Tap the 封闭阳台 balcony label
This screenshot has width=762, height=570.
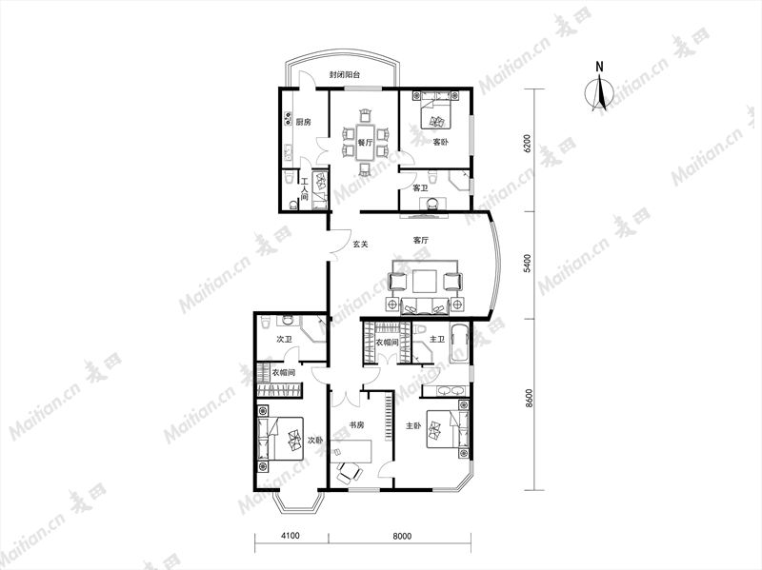click(345, 75)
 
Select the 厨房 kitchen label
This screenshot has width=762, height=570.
click(303, 123)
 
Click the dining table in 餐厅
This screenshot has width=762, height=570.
click(366, 142)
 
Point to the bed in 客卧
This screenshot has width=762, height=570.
click(435, 110)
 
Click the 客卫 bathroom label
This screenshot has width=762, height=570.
click(420, 187)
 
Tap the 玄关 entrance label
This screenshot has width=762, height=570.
click(360, 245)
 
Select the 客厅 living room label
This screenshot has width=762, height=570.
click(420, 241)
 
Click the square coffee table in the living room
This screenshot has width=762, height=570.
click(425, 282)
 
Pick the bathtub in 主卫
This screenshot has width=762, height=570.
click(460, 344)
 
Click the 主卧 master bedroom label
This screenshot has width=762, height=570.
click(413, 425)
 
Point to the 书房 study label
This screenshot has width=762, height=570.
click(356, 424)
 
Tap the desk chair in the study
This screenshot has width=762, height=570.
click(350, 472)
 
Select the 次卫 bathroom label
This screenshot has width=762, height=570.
click(284, 340)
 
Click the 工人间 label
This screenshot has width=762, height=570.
click(304, 188)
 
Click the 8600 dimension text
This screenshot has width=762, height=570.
click(530, 399)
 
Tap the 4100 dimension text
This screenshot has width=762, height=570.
click(291, 536)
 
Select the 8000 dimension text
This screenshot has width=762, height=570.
click(402, 536)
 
